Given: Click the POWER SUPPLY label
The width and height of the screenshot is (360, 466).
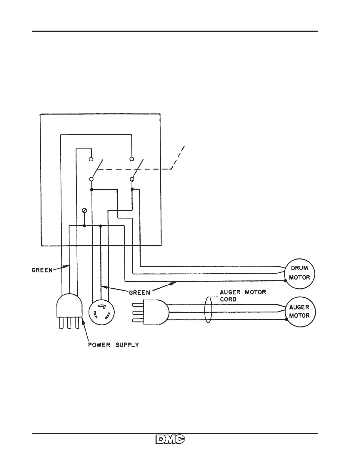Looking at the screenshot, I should [x=114, y=345].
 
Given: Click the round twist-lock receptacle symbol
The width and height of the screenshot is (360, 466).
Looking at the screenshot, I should [x=101, y=312].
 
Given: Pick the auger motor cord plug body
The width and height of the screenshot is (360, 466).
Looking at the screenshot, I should [x=156, y=312].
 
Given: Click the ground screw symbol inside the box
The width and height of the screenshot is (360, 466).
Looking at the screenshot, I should [x=84, y=210].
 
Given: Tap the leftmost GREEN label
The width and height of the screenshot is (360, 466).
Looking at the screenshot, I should [x=42, y=270].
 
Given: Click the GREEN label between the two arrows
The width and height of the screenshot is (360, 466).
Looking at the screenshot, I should [x=140, y=292].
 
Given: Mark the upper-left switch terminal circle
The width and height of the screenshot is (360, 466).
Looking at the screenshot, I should [x=91, y=159].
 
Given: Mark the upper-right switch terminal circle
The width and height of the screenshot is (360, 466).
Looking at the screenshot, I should [x=132, y=159].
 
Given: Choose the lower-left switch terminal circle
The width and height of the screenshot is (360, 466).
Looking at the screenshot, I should [x=91, y=179].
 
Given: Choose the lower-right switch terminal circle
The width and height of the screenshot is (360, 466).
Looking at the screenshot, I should [x=132, y=179].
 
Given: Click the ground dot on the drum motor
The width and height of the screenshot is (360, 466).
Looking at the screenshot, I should [x=285, y=281].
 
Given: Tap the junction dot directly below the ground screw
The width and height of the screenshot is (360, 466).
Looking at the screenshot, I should [x=84, y=226].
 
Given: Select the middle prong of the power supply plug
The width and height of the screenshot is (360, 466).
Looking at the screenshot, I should [x=69, y=324].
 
